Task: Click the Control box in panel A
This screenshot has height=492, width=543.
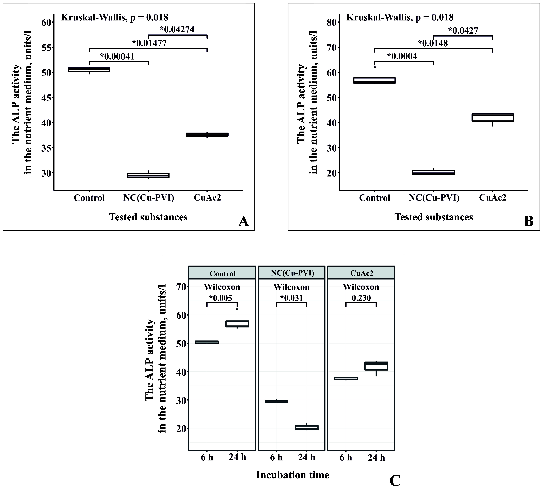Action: click(89, 70)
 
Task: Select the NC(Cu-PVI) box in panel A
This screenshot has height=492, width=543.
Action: click(148, 175)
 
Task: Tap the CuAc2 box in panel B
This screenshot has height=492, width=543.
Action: click(492, 117)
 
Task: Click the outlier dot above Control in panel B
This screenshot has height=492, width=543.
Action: click(375, 67)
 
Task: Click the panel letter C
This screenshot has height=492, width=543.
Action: click(395, 481)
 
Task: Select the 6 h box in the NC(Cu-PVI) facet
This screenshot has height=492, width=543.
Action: click(276, 401)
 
